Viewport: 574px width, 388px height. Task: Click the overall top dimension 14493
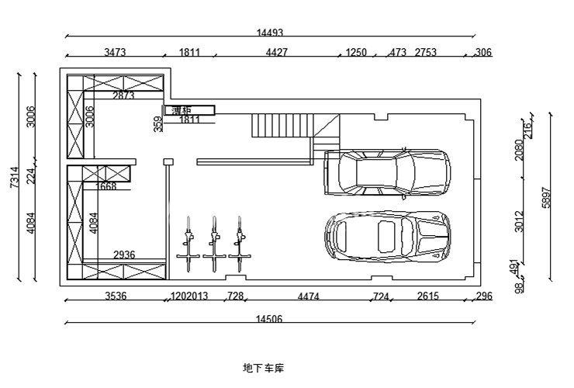(x=269, y=33)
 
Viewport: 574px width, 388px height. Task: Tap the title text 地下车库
(x=264, y=367)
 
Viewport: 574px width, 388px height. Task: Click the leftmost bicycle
(x=188, y=243)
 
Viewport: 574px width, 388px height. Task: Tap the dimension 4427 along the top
(x=277, y=53)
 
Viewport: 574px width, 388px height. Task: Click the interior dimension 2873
(x=123, y=96)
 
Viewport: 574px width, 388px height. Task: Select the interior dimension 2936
(x=124, y=255)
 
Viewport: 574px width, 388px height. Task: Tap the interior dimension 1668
(x=106, y=187)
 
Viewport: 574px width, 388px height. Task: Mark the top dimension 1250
(x=356, y=53)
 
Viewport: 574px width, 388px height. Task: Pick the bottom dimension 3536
(x=116, y=296)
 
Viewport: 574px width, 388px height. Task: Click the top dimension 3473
(x=115, y=53)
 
